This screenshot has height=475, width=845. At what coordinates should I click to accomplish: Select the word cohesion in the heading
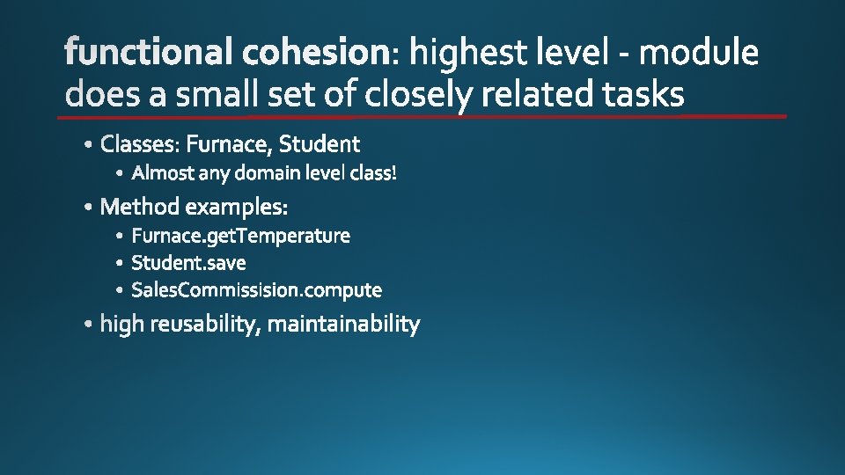(314, 55)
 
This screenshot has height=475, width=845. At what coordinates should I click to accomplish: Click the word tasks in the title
(643, 93)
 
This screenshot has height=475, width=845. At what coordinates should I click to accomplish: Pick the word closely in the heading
(422, 93)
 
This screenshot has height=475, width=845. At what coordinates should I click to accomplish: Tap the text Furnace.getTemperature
(240, 236)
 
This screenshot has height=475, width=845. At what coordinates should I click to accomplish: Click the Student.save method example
(188, 263)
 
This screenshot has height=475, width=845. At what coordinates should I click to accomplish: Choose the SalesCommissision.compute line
(256, 289)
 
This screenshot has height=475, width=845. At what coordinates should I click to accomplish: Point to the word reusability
(204, 325)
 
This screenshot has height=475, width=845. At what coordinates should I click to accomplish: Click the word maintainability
(343, 325)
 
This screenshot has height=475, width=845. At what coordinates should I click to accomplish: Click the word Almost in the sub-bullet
(163, 173)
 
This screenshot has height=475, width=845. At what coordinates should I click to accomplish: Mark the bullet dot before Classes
(92, 144)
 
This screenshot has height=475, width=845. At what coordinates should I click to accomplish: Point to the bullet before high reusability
(91, 325)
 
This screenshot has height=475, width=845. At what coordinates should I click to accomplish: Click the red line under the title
(422, 116)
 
